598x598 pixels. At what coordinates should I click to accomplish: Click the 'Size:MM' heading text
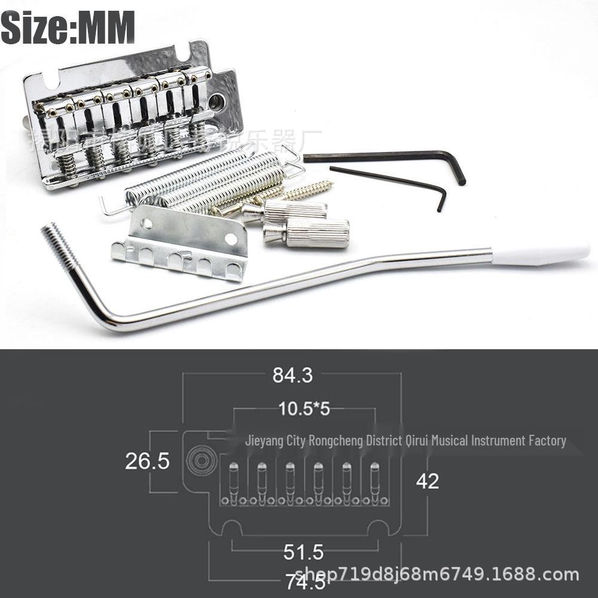68,27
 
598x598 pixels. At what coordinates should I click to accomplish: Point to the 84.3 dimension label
292,375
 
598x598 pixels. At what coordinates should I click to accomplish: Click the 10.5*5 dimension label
304,409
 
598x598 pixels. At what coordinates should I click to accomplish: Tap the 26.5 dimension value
147,461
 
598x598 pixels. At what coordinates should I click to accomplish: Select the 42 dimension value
427,481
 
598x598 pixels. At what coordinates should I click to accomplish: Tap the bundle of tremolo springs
203,179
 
